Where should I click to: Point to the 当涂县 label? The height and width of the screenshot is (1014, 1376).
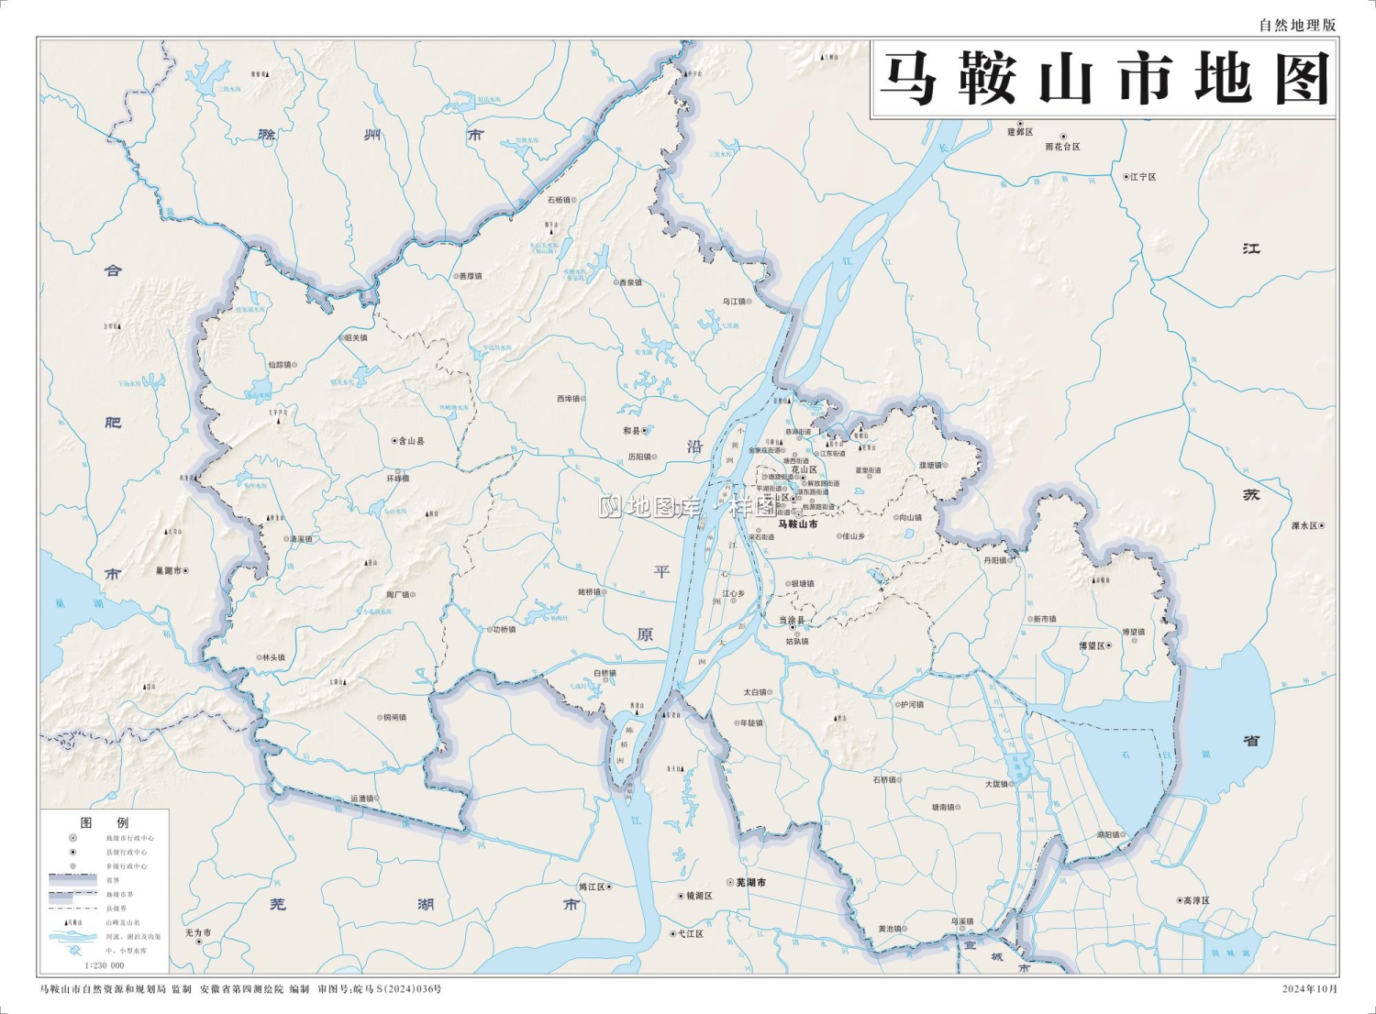tap(792, 621)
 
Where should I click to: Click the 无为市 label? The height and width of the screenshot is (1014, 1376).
tap(197, 932)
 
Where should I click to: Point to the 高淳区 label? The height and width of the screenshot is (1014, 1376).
tap(1195, 900)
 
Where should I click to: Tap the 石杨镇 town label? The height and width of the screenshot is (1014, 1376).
tap(560, 199)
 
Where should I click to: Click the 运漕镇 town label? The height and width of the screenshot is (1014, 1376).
tap(363, 799)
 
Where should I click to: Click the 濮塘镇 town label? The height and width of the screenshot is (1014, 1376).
tap(931, 465)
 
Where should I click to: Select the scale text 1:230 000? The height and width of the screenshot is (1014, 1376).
tap(105, 965)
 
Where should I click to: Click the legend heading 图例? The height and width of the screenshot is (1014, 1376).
tap(105, 822)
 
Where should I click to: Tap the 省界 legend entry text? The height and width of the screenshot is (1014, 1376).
tap(113, 880)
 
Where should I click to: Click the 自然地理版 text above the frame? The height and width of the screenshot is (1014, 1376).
tap(1297, 26)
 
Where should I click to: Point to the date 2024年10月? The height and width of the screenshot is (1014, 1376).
tap(1310, 989)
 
